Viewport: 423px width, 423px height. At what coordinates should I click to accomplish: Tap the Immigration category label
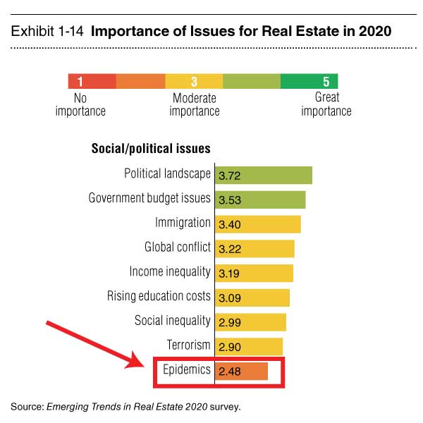(x=183, y=223)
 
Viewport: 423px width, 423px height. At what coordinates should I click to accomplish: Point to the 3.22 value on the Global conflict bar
(x=230, y=249)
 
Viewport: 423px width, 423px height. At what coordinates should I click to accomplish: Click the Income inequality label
(x=170, y=272)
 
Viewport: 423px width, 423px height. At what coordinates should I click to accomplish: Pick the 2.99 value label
(x=230, y=322)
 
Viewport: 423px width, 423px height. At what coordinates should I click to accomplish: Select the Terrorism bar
(x=249, y=346)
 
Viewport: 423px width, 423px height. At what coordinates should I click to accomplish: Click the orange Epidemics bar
(x=242, y=371)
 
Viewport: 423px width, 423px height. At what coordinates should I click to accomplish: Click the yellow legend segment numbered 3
(x=194, y=81)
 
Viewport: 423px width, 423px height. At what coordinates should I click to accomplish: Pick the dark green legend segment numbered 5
(x=309, y=81)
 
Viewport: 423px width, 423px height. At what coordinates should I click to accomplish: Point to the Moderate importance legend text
(x=194, y=105)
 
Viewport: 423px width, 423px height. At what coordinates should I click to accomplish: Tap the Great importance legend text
(x=326, y=105)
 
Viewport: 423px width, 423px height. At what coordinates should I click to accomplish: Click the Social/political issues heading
(x=151, y=149)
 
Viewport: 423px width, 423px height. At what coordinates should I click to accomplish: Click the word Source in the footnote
(x=26, y=406)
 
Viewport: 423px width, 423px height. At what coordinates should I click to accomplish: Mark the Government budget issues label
(x=149, y=199)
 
